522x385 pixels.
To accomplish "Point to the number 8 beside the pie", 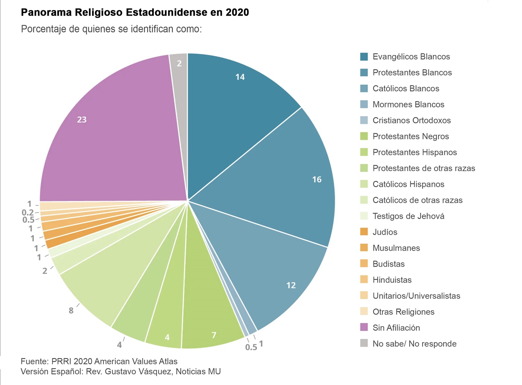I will pyautogui.click(x=71, y=310).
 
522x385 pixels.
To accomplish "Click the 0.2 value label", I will pyautogui.click(x=27, y=212).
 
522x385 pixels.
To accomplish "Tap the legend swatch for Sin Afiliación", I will pyautogui.click(x=364, y=327).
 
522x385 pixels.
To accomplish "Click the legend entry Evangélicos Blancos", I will pyautogui.click(x=411, y=57).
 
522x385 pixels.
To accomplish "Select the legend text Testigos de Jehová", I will pyautogui.click(x=408, y=216).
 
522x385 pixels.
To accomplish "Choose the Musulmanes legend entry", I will pyautogui.click(x=396, y=248).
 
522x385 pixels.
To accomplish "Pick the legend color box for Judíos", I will pyautogui.click(x=364, y=232).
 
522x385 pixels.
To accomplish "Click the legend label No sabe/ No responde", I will pyautogui.click(x=414, y=344).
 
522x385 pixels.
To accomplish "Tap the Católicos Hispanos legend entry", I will pyautogui.click(x=408, y=184).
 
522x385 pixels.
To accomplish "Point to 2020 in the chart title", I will pyautogui.click(x=237, y=13).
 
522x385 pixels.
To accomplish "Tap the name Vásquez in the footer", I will pyautogui.click(x=157, y=371).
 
